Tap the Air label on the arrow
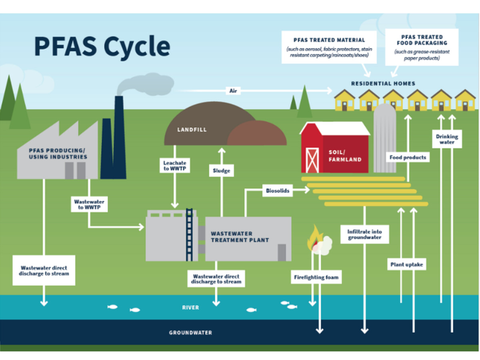233,91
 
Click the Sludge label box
222,171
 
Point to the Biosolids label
277,190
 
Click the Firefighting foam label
316,277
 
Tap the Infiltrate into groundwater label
364,234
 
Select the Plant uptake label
406,264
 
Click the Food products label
408,157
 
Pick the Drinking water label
446,139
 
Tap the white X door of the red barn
312,160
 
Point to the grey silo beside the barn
384,138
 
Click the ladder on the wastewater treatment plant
190,234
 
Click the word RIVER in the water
190,308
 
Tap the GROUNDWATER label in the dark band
190,332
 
